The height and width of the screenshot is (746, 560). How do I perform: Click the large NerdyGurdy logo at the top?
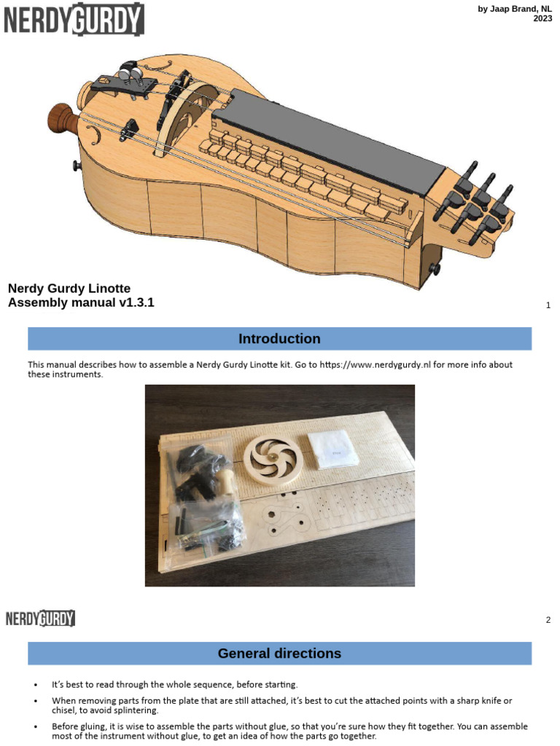tap(74, 19)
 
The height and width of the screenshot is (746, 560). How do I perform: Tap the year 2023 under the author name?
tap(542, 19)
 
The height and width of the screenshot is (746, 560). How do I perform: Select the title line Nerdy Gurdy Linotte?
tap(69, 288)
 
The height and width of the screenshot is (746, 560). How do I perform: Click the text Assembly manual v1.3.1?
tap(81, 302)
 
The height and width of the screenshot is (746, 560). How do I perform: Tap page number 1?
tap(548, 305)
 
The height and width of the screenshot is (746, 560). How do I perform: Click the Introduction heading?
tap(279, 339)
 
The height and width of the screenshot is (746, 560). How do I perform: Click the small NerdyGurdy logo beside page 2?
tap(41, 619)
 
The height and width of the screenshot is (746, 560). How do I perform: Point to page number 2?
tap(548, 620)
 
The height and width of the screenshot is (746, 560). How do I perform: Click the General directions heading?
tap(279, 653)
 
